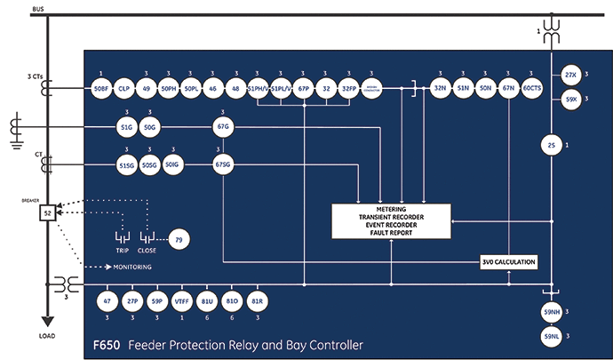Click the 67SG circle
(x=222, y=164)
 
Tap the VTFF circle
(x=182, y=301)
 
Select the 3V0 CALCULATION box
(x=510, y=261)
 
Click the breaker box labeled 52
(x=46, y=212)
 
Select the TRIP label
(x=123, y=252)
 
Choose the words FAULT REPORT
(x=391, y=234)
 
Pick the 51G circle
(x=125, y=128)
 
